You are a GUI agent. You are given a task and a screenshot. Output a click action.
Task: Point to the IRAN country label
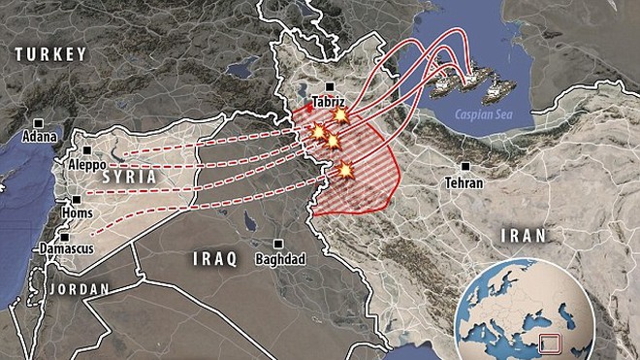pos(523,235)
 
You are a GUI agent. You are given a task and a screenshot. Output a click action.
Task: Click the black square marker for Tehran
pos(469,167)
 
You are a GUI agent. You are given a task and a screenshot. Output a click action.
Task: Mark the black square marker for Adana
pos(38,123)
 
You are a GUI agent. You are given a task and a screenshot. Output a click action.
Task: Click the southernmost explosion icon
pos(344,172)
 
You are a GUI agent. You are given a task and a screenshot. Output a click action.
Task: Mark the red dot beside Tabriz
pos(309,109)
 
